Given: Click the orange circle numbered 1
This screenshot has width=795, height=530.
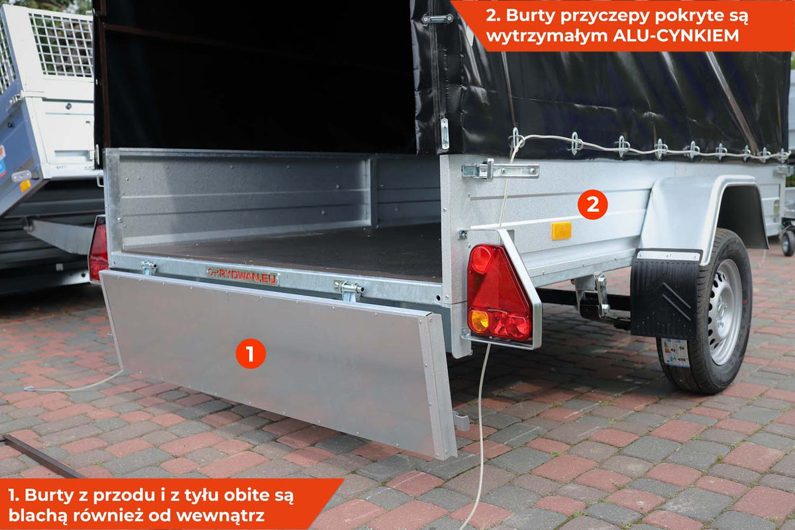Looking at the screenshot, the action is pos(250,353).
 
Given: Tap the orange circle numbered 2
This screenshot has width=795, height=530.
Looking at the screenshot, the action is pos(593,205).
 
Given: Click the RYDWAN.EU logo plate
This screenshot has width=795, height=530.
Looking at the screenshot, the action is pos(242,276).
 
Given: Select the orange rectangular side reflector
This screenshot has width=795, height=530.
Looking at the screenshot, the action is pos(562,231).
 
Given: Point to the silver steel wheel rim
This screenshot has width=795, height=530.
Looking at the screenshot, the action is pos(724,312).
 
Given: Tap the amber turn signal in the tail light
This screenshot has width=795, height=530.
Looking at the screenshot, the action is pos(479,321).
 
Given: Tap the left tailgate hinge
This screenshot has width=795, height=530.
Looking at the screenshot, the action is pos(148,267).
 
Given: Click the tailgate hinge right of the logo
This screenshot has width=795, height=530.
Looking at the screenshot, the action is pos(349,290).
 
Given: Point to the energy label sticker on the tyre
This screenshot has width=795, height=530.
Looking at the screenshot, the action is pos(676,352).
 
